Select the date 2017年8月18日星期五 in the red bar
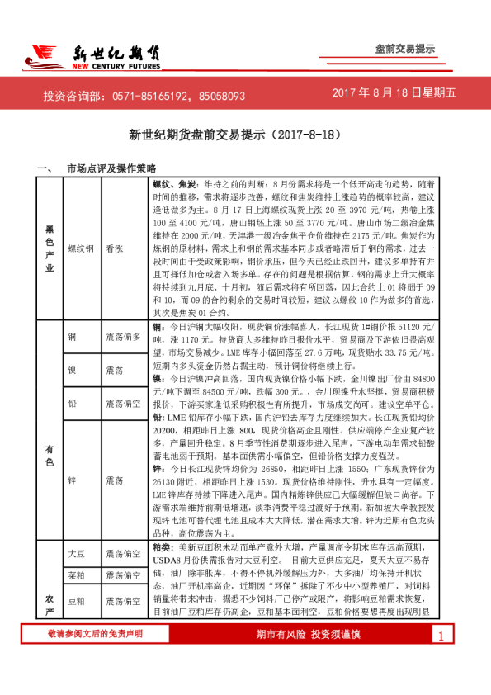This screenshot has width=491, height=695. (x=394, y=95)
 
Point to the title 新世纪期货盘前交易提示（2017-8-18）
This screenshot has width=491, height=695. (x=245, y=135)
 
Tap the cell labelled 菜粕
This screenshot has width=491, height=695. (x=76, y=574)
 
